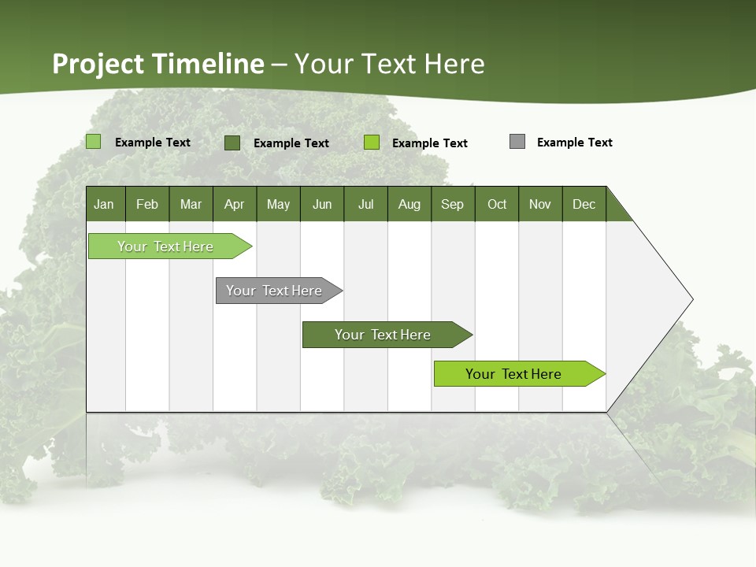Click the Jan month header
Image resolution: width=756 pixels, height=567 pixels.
(104, 204)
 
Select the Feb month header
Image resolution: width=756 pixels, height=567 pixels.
(147, 204)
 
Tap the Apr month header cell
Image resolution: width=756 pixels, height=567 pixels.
(234, 204)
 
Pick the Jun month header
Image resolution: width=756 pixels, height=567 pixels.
(322, 204)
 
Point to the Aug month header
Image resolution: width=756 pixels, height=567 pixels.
(409, 204)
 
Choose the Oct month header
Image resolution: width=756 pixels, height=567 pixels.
(497, 204)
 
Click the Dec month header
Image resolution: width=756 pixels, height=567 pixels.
(584, 204)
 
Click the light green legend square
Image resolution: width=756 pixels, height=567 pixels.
(94, 142)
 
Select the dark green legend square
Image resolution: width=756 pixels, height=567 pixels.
(232, 143)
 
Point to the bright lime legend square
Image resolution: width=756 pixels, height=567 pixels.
(372, 143)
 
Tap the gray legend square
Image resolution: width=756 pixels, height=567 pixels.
(517, 142)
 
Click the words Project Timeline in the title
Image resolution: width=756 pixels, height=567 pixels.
(157, 64)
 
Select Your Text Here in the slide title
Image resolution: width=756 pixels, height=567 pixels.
(390, 64)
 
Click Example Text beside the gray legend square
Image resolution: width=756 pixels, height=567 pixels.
(574, 143)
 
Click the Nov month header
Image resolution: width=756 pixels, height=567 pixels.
(540, 204)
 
